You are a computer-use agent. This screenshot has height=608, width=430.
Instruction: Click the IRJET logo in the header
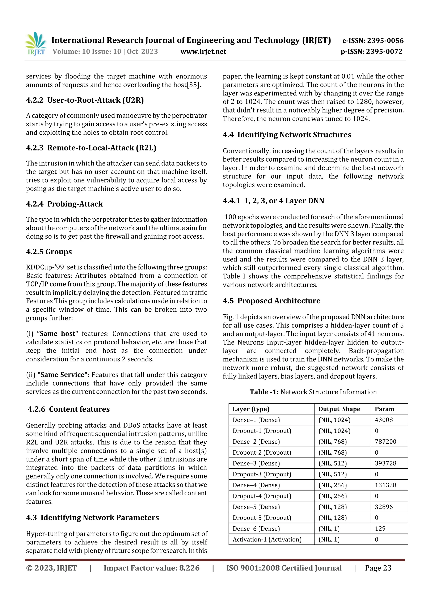pos(36,44)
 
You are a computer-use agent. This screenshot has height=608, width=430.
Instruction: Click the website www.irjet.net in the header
pos(203,52)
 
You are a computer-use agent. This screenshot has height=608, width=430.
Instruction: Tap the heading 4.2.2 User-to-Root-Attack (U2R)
pos(85,100)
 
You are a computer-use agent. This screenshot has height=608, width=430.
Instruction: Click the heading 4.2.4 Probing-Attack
pos(64,204)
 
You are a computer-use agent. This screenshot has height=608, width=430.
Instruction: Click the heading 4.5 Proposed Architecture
pos(271,301)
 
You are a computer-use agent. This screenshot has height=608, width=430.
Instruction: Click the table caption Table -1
pos(264,392)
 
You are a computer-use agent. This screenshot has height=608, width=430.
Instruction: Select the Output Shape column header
pos(339,409)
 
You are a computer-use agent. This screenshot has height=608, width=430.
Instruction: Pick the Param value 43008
pos(384,420)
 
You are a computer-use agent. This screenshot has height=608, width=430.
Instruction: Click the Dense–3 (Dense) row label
pos(256,463)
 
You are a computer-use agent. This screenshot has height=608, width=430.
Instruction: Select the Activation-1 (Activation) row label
pos(267,539)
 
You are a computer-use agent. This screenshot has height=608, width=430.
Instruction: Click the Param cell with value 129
pos(380,528)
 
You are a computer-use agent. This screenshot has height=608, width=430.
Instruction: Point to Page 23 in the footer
pos(378,568)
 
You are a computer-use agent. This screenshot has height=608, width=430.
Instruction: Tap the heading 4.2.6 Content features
pos(69,409)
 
